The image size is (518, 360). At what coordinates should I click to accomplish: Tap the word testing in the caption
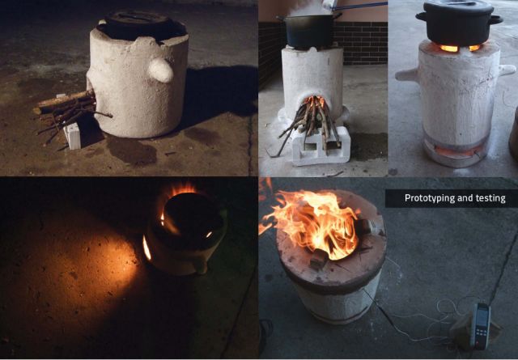[490, 198]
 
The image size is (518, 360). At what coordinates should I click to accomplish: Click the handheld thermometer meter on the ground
[481, 325]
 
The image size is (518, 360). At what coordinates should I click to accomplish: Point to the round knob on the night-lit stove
[160, 70]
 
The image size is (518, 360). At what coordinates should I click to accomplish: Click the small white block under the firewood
[73, 136]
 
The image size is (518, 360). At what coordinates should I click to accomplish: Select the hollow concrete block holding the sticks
[321, 146]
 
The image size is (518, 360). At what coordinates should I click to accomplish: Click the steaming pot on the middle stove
[309, 31]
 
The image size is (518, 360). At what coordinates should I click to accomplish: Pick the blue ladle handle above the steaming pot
[360, 6]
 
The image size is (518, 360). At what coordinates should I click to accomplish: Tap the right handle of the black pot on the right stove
[496, 19]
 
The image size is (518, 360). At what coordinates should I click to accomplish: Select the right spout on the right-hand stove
[507, 70]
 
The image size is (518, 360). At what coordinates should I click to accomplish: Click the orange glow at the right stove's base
[456, 151]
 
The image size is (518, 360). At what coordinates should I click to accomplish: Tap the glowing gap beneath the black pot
[460, 48]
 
